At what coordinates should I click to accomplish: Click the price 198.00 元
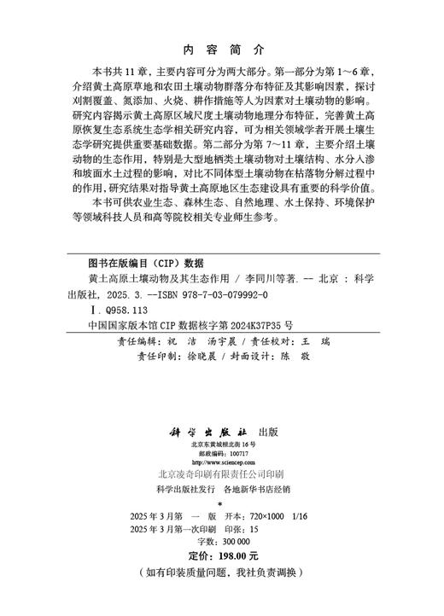242,567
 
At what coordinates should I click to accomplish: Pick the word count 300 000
231,552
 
